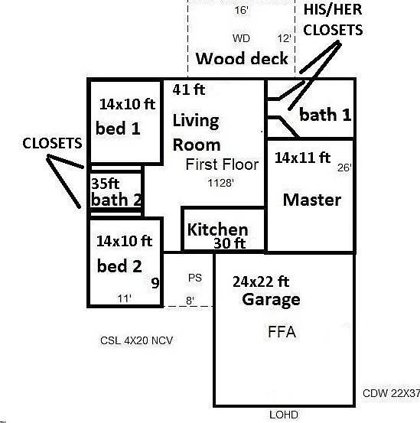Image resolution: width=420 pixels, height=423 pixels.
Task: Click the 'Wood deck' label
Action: [x=242, y=59]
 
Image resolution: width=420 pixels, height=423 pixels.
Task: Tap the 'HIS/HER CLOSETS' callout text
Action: [x=333, y=20]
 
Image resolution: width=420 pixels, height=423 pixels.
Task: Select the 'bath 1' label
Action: [x=325, y=115]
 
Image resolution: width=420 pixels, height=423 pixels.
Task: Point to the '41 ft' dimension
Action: [x=188, y=89]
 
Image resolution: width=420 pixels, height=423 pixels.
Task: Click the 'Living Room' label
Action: [x=197, y=132]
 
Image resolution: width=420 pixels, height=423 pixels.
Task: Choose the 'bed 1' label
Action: [x=118, y=129]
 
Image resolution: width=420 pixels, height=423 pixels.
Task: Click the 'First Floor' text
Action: [x=222, y=164]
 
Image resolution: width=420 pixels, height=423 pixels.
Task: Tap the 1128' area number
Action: [x=220, y=183]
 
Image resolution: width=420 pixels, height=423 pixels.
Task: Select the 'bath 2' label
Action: [x=116, y=200]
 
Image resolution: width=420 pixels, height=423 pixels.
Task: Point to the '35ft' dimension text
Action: [x=106, y=184]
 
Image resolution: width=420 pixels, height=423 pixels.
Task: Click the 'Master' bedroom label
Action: [x=312, y=200]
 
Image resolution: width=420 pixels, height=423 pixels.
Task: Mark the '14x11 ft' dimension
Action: [x=302, y=158]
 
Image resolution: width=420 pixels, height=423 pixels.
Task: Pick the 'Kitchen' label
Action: [x=217, y=229]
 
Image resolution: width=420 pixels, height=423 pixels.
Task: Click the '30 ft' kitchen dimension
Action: [x=230, y=243]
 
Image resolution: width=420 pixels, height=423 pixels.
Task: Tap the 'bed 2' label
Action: [x=119, y=266]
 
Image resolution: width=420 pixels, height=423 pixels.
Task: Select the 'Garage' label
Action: [x=271, y=299]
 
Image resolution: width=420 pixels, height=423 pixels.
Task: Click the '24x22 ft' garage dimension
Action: [x=261, y=282]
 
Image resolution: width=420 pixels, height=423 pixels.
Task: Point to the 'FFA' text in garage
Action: [x=282, y=332]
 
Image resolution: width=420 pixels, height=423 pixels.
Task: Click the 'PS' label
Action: [x=195, y=278]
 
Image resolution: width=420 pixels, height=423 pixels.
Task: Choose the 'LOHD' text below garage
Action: [x=284, y=415]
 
